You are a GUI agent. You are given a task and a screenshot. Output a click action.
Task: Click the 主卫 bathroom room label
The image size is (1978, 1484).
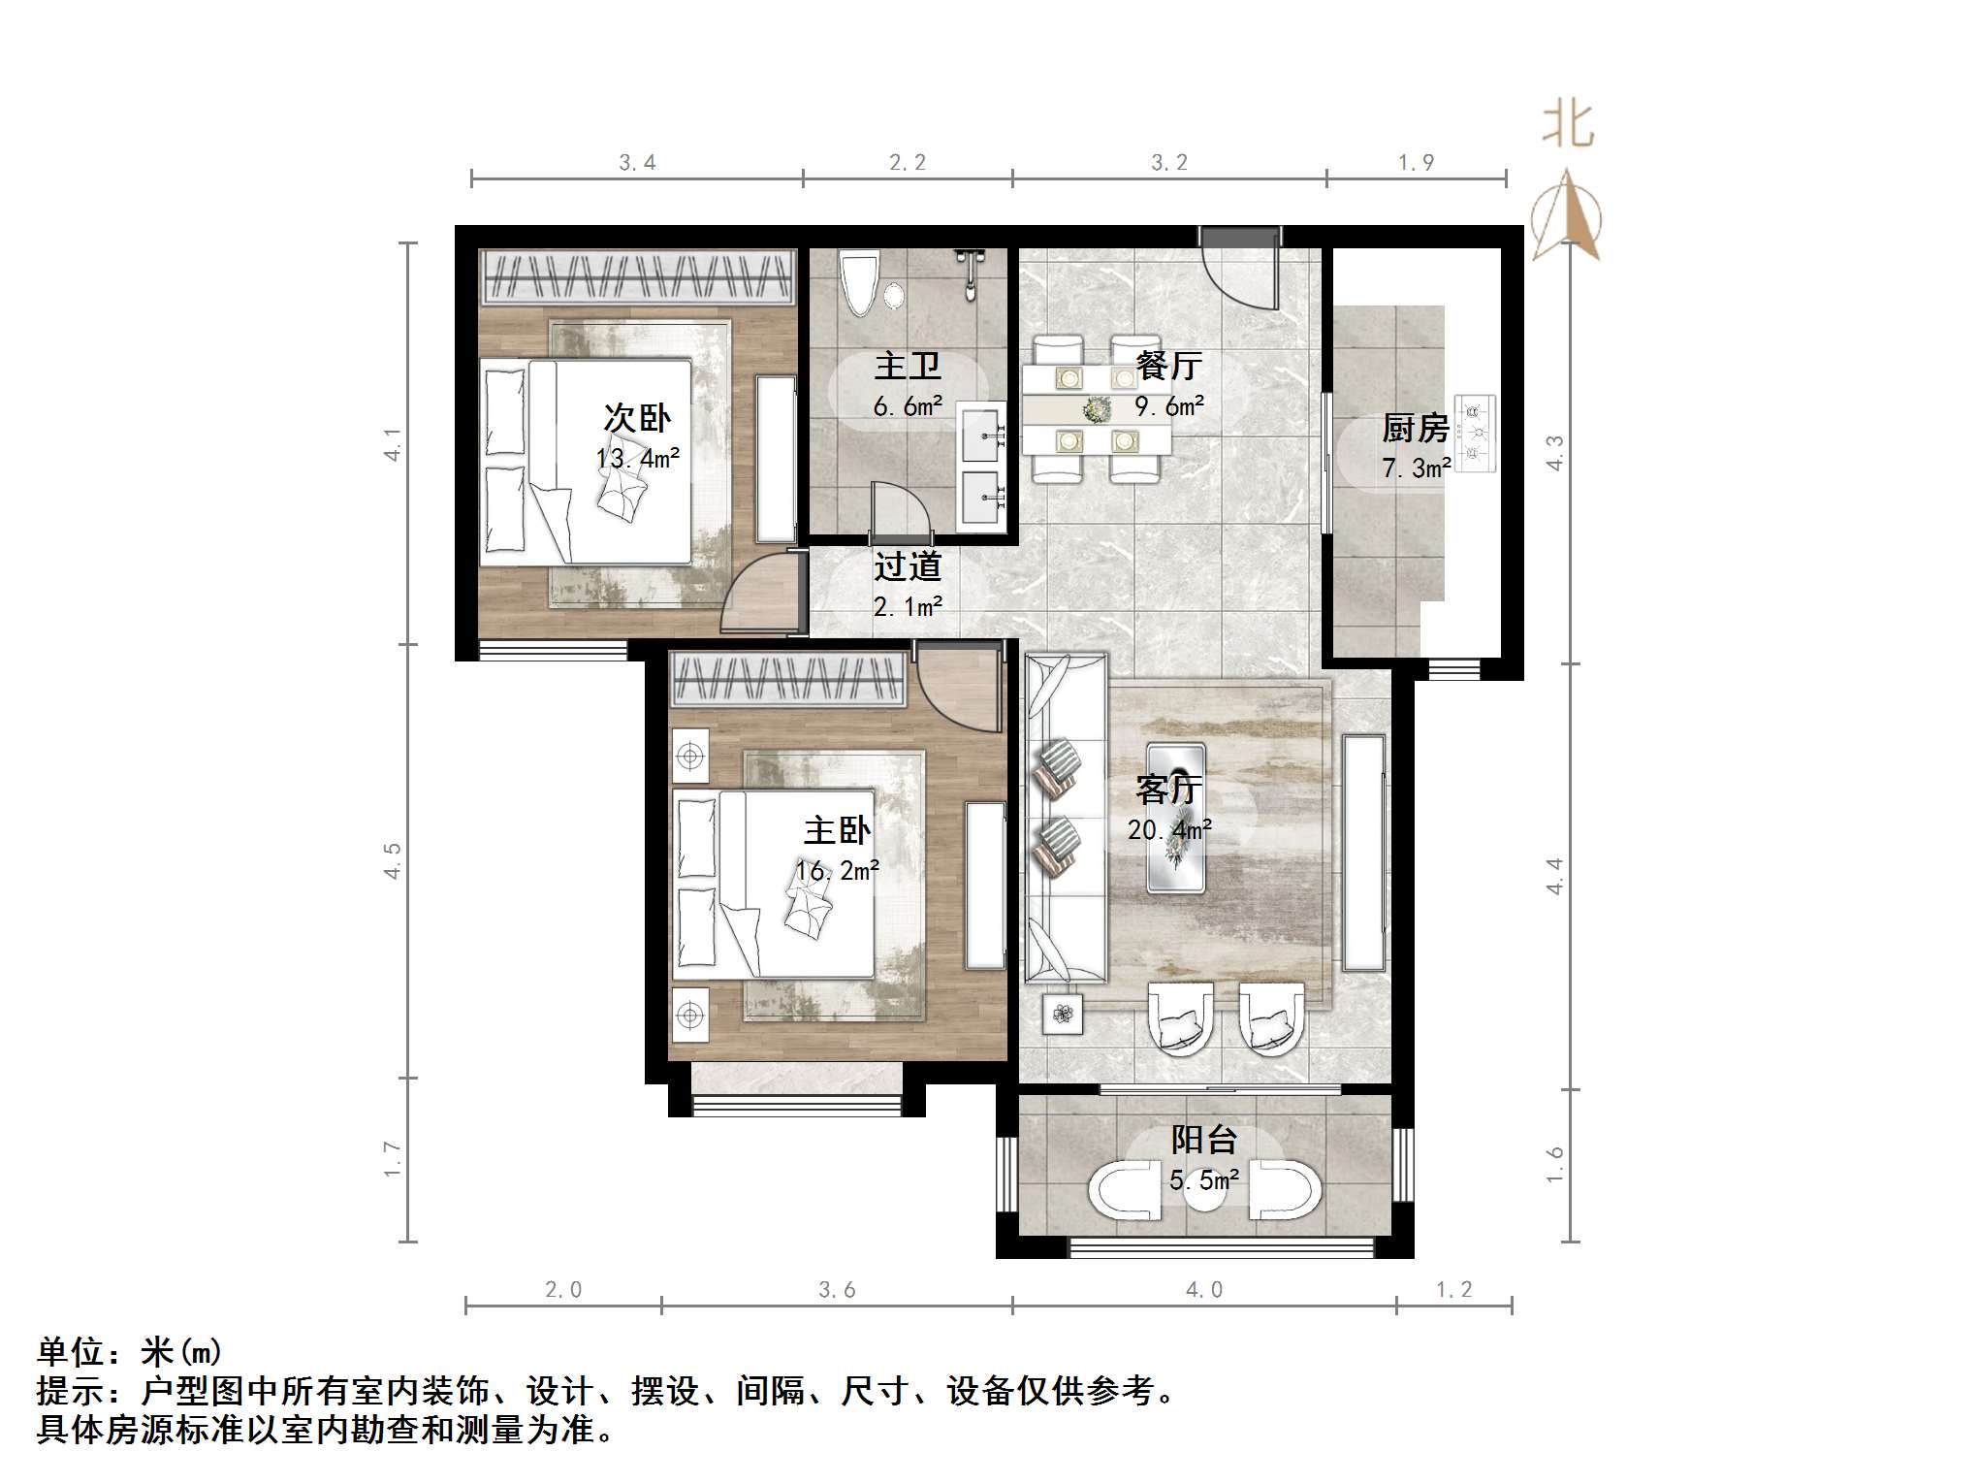[908, 367]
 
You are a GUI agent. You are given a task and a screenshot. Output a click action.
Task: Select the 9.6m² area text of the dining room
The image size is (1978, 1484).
[1169, 406]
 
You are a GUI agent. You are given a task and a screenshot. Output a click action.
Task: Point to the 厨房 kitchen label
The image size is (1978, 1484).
[1415, 428]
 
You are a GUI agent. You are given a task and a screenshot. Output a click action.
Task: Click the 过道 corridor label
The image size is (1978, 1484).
[908, 566]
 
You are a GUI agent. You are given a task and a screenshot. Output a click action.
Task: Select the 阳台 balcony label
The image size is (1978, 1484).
[1203, 1140]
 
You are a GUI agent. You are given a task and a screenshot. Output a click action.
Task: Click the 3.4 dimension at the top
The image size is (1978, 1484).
[637, 163]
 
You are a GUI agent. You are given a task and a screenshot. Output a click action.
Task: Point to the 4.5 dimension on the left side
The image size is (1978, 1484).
[393, 860]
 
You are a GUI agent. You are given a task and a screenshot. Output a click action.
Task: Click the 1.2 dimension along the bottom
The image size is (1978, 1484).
[1453, 1289]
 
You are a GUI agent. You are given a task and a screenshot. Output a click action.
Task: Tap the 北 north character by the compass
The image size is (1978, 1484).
[1568, 125]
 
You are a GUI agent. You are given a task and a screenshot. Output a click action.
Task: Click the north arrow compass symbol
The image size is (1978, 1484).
[1567, 217]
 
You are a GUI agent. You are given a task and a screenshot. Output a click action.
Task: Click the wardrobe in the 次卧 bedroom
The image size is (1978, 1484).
[638, 275]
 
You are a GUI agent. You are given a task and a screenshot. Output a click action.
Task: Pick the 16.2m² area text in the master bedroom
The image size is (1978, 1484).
[838, 871]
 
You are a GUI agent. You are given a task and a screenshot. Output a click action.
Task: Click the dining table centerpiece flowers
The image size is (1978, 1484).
[1097, 410]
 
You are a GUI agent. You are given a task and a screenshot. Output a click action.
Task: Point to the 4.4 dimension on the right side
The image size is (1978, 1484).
[1554, 876]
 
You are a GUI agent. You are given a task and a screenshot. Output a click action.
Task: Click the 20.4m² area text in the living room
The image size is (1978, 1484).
[1169, 830]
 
